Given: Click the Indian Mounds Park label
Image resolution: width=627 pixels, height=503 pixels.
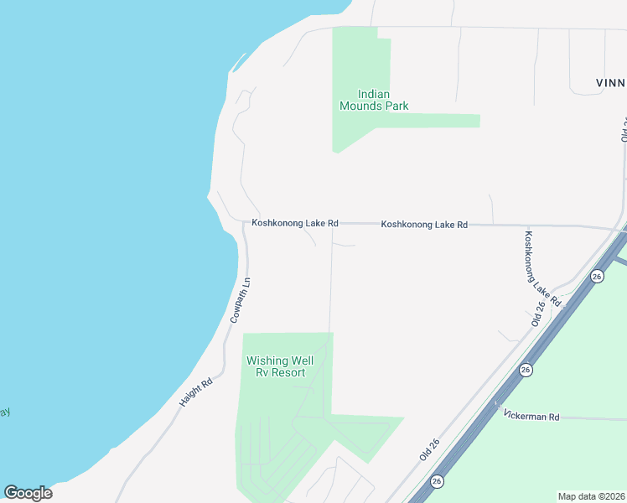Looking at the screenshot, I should (373, 100).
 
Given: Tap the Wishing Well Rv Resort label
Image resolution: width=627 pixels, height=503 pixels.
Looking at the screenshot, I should (275, 366).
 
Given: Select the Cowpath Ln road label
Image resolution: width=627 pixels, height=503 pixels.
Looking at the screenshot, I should (241, 300).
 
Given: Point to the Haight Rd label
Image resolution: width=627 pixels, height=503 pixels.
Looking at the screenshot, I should (196, 392).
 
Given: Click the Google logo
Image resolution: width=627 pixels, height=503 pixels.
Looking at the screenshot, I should (28, 493).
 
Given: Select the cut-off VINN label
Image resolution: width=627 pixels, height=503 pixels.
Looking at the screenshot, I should (610, 83).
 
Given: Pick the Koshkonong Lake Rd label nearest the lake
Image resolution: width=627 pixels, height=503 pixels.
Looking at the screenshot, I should (295, 224).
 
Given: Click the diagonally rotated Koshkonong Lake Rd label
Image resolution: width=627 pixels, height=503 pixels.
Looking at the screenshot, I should (541, 268).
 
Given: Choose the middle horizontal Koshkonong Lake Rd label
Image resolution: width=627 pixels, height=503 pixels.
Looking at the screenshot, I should (423, 225).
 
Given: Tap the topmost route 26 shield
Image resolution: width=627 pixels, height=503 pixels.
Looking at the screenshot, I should (597, 277).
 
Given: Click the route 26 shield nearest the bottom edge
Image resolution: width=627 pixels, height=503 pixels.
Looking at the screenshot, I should (437, 481).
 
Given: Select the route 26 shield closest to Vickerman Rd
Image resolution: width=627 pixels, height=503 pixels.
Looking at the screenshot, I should (526, 370).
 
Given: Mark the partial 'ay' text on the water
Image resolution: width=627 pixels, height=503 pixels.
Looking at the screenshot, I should (5, 412).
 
